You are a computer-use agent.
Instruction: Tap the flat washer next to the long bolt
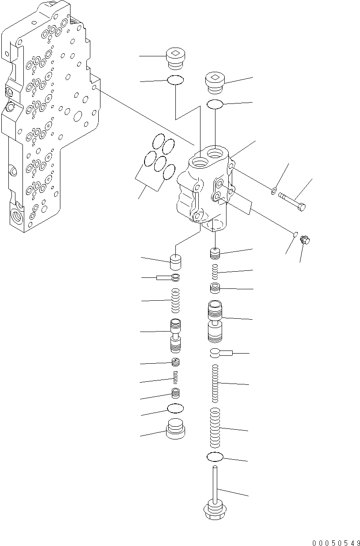pos(274,191)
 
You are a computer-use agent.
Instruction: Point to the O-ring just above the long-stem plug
pos(215,457)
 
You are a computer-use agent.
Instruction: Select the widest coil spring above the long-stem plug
pos(215,427)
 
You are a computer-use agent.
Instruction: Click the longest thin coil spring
pos(215,383)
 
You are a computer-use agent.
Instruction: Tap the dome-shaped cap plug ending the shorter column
pos(176,428)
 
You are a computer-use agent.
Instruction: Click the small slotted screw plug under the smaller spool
pos(176,362)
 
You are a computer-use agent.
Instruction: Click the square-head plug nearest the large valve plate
pos(176,59)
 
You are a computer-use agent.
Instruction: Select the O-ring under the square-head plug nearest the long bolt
pos(215,104)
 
